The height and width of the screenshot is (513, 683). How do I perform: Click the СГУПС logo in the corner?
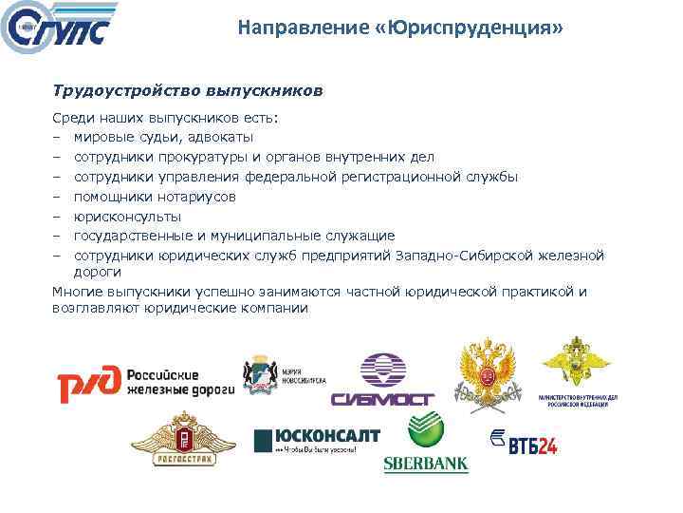[59, 29]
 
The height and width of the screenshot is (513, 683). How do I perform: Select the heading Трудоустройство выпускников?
[188, 91]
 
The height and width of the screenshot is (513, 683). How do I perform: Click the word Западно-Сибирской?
[458, 256]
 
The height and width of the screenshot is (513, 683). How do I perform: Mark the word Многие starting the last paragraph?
[79, 292]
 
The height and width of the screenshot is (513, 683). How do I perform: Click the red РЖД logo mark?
[88, 384]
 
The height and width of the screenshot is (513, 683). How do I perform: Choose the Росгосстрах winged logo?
[182, 438]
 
